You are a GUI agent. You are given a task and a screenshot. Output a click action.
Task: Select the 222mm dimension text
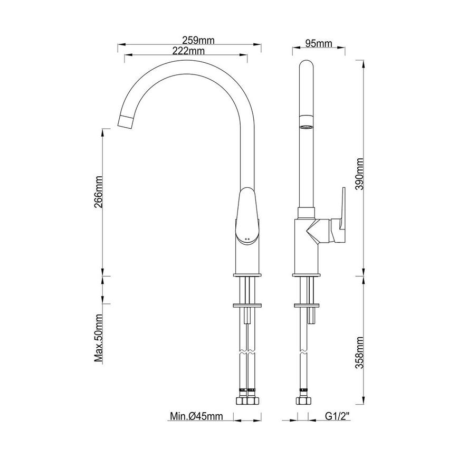coord(188,51)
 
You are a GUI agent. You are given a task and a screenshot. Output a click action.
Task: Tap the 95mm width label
coord(318,43)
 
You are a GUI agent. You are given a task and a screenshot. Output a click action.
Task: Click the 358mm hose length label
coord(360,352)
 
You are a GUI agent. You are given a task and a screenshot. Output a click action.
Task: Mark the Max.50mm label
coord(99,338)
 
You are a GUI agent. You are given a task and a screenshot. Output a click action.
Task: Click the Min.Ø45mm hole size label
coord(196,417)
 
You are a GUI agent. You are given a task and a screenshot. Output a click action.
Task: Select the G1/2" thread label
coord(338,417)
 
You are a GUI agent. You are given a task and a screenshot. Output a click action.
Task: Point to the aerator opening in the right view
coord(306,127)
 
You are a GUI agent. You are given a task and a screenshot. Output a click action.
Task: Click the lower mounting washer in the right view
coord(307,305)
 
